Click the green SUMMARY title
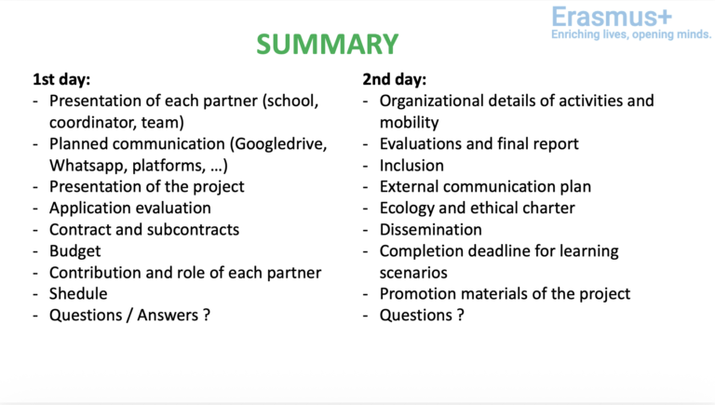click(x=328, y=45)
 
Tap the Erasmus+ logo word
click(x=612, y=17)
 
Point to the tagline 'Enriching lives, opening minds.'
click(x=631, y=34)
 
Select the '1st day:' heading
click(x=61, y=79)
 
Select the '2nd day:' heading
click(x=395, y=79)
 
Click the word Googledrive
click(x=280, y=144)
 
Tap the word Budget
click(x=75, y=251)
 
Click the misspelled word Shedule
click(x=78, y=293)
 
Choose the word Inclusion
click(x=411, y=166)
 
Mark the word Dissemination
click(x=431, y=230)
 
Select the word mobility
click(x=409, y=123)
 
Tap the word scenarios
click(x=413, y=273)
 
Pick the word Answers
click(x=168, y=315)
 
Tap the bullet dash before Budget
click(x=35, y=252)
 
